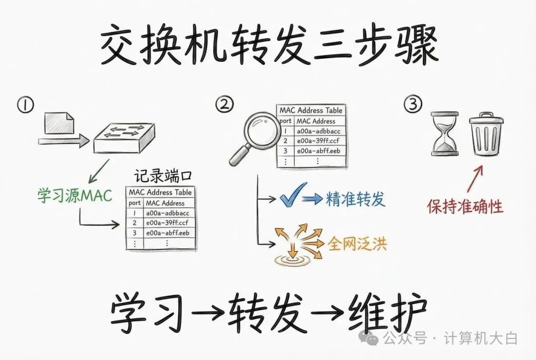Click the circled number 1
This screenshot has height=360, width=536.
tap(25, 105)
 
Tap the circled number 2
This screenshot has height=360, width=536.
tap(224, 104)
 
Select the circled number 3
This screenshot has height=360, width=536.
tap(413, 104)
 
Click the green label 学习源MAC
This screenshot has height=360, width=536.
tap(75, 195)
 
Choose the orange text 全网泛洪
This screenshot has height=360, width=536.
tap(356, 243)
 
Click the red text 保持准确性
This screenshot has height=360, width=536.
tap(465, 206)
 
